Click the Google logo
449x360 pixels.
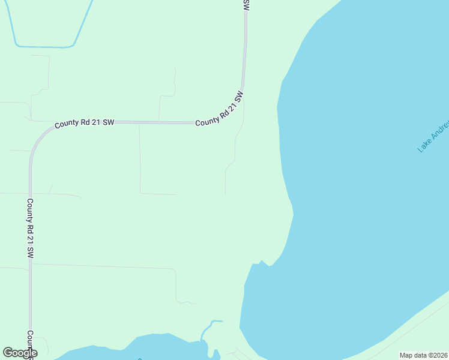click(x=20, y=353)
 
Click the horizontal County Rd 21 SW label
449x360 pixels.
click(x=84, y=124)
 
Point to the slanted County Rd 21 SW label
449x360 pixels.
click(x=220, y=110)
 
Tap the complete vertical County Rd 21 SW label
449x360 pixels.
click(x=29, y=228)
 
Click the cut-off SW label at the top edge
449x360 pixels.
click(x=246, y=5)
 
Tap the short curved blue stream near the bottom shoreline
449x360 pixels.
click(x=207, y=329)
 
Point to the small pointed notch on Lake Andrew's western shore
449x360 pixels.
click(x=261, y=262)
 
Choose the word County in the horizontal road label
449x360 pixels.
click(x=67, y=124)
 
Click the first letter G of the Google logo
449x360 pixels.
click(x=8, y=353)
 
